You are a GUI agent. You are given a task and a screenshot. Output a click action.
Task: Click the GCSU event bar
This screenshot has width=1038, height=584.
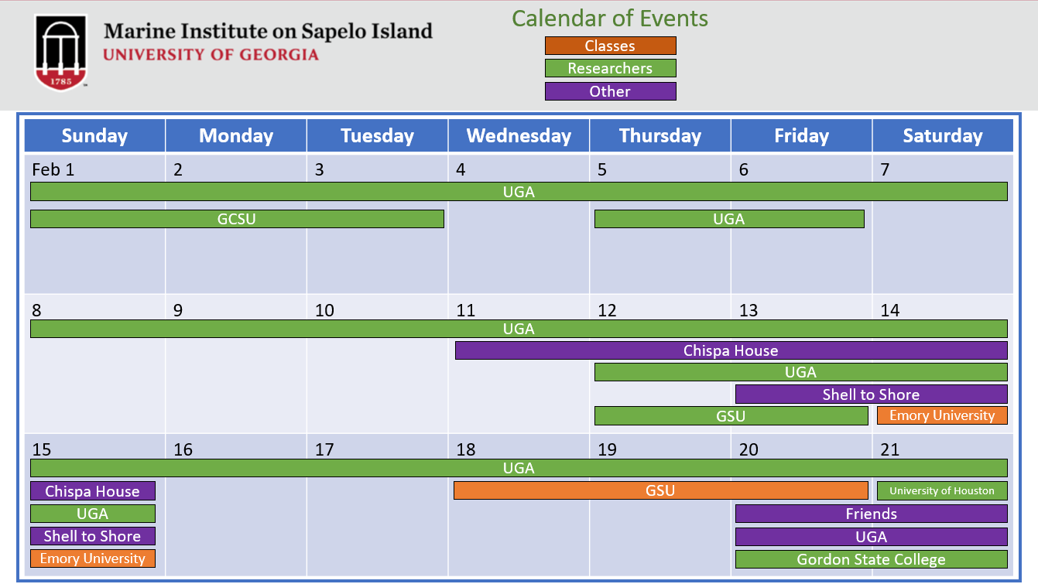click(x=237, y=219)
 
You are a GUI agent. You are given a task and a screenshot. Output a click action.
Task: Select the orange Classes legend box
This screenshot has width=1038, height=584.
click(x=610, y=46)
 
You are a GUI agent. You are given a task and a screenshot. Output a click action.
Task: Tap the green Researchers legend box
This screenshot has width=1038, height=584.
click(x=610, y=69)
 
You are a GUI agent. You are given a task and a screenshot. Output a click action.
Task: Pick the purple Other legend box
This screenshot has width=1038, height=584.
click(x=610, y=91)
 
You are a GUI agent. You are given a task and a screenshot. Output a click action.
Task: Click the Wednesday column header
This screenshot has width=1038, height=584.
click(x=519, y=136)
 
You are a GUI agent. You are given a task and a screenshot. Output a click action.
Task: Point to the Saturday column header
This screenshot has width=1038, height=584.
click(x=942, y=136)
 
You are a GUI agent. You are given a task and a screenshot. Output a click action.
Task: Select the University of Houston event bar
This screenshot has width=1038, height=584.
click(x=942, y=490)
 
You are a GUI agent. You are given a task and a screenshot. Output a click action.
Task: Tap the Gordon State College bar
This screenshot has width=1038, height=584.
click(x=871, y=559)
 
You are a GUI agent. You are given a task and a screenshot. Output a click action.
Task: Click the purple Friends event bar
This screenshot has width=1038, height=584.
click(x=871, y=514)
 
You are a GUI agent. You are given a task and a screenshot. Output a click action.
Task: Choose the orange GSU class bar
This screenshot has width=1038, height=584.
click(x=660, y=490)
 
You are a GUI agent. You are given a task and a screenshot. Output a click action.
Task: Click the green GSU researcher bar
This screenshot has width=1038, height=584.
click(x=731, y=416)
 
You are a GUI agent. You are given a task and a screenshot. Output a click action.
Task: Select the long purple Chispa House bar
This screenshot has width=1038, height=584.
click(x=731, y=350)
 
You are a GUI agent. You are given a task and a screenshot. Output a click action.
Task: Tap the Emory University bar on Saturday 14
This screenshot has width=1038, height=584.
click(x=942, y=415)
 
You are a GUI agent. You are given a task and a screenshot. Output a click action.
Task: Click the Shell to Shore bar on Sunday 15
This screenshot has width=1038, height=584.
click(x=93, y=536)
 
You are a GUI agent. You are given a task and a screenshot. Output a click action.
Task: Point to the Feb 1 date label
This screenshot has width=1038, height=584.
click(x=53, y=169)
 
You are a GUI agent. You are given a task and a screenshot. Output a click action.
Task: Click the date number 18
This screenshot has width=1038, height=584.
click(x=466, y=449)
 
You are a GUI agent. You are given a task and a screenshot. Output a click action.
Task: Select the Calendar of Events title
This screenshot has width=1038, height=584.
click(x=610, y=18)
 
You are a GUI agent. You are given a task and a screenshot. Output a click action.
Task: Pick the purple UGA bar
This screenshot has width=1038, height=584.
click(x=871, y=537)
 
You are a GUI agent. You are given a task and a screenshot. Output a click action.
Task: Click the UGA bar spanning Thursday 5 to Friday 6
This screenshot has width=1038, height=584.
click(x=728, y=219)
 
